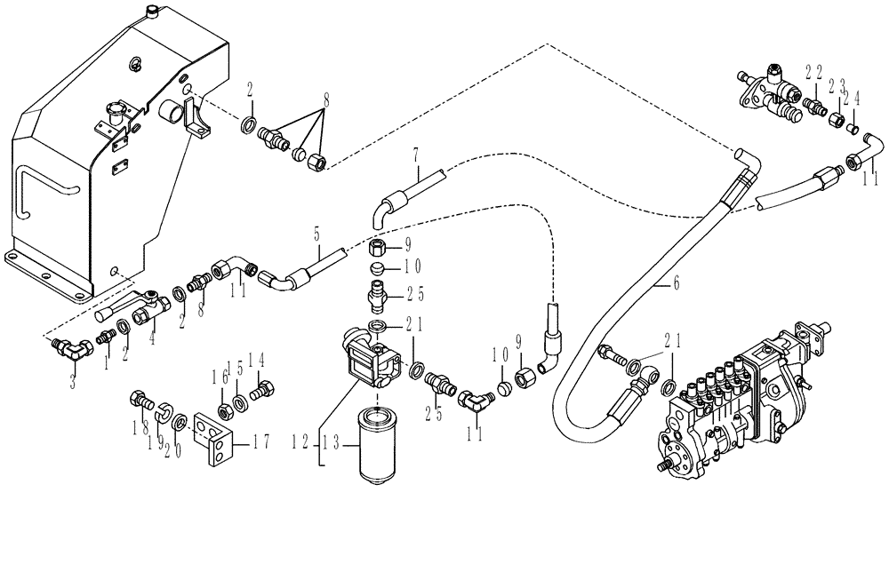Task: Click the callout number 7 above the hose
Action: [415, 156]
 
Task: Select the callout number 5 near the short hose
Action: [315, 235]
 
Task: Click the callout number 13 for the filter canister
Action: [332, 440]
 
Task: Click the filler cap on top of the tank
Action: [152, 12]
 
